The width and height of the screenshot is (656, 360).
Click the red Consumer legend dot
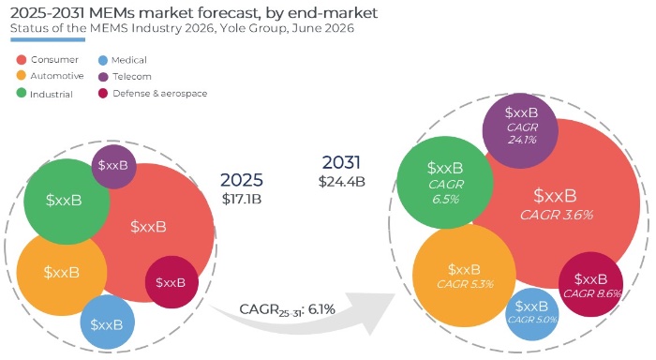[x=22, y=60]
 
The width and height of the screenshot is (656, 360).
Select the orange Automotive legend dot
[x=22, y=76]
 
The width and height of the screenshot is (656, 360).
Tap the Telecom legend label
[x=132, y=77]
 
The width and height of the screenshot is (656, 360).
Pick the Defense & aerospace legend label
[x=160, y=94]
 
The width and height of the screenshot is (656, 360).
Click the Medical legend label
[x=129, y=60]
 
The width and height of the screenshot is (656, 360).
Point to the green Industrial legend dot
[x=22, y=93]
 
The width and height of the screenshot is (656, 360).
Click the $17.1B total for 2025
[x=242, y=199]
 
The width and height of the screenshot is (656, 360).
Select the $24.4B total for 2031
[x=342, y=182]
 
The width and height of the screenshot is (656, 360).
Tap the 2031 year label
[x=341, y=162]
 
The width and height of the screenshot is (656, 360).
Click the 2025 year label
[x=242, y=180]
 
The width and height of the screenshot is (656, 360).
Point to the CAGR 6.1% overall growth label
[x=287, y=309]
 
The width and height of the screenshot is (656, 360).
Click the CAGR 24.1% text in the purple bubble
[x=522, y=133]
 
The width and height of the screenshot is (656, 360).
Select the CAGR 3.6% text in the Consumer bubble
[x=557, y=216]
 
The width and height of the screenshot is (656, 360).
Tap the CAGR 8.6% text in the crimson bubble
[x=591, y=293]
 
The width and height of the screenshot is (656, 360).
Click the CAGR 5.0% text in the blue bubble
[x=532, y=320]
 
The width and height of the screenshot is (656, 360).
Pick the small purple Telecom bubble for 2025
[x=113, y=166]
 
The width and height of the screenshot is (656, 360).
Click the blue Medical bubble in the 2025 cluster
[x=108, y=322]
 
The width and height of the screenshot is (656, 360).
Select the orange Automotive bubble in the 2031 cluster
[x=464, y=276]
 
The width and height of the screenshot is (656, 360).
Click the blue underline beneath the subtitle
[x=48, y=39]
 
